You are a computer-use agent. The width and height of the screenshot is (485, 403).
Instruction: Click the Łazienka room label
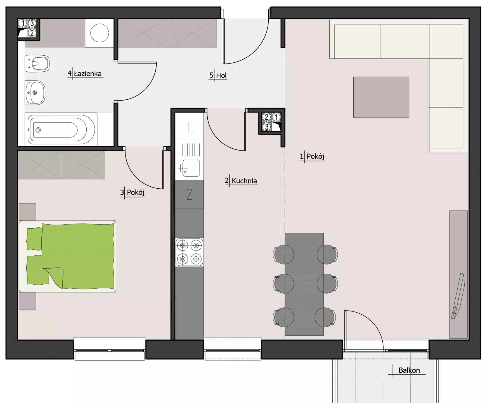pyautogui.click(x=87, y=74)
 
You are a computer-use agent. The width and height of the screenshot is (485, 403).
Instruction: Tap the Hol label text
pyautogui.click(x=221, y=75)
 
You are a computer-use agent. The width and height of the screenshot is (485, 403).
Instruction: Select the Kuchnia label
pyautogui.click(x=244, y=181)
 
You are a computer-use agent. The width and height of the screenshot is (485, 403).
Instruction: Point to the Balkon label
pyautogui.click(x=409, y=370)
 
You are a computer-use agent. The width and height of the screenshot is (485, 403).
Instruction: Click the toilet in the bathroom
pyautogui.click(x=37, y=64)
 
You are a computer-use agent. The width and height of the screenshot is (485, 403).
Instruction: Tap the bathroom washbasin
pyautogui.click(x=35, y=93)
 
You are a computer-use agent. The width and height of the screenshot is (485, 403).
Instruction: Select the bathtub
pyautogui.click(x=61, y=130)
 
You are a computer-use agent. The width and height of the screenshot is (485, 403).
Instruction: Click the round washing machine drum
pyautogui.click(x=100, y=33)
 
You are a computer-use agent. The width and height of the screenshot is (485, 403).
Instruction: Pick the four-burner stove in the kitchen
pyautogui.click(x=189, y=252)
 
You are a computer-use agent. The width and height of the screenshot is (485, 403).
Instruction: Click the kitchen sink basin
pyautogui.click(x=191, y=168)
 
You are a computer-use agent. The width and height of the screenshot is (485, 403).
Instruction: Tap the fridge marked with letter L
pyautogui.click(x=189, y=127)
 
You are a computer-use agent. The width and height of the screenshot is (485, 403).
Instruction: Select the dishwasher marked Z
pyautogui.click(x=189, y=195)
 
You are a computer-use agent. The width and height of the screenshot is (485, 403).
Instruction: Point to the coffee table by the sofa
pyautogui.click(x=381, y=97)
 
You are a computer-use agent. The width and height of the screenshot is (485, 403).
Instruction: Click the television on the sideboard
pyautogui.click(x=458, y=296)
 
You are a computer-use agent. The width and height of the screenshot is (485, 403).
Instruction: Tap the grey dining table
pyautogui.click(x=304, y=284)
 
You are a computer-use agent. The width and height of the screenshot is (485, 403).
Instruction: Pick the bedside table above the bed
pyautogui.click(x=27, y=212)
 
